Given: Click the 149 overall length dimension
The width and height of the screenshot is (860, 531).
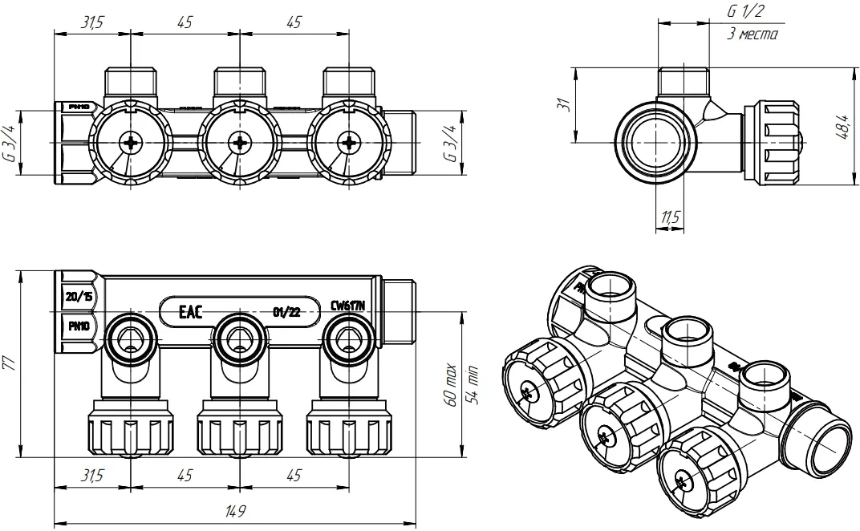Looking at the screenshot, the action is click(x=236, y=511).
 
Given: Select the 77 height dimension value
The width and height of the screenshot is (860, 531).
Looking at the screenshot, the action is click(x=10, y=363).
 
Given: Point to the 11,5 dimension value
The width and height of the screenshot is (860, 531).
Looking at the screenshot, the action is click(x=671, y=217).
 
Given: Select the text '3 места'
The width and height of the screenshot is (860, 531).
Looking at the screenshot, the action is click(x=752, y=35).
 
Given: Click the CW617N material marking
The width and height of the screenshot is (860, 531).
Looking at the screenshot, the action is click(x=348, y=306).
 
